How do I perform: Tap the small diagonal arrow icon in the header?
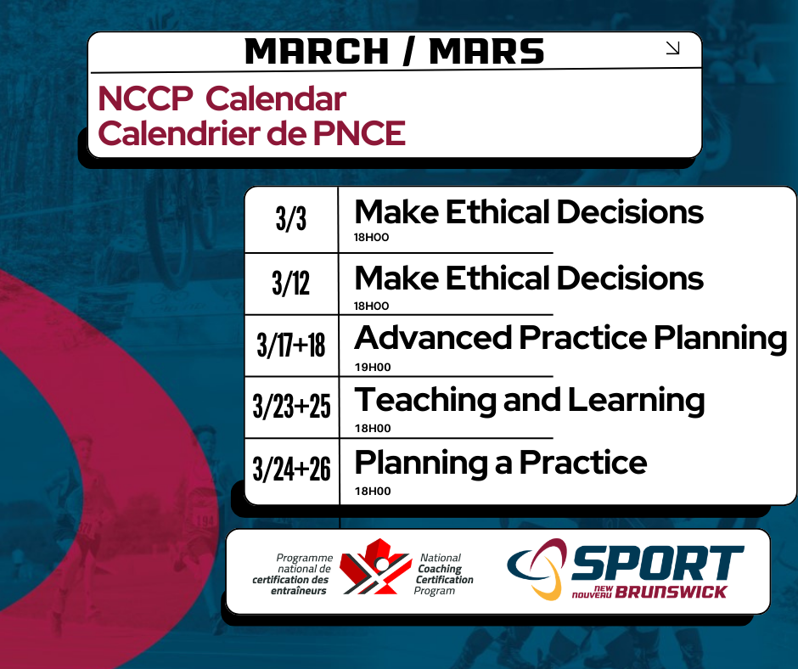[673, 48]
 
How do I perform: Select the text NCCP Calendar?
[222, 99]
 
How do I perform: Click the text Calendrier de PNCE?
[251, 133]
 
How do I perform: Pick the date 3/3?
[291, 220]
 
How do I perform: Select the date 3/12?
[291, 284]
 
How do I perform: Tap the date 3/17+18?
[291, 346]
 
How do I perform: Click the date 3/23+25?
[291, 408]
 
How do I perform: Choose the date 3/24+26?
[291, 469]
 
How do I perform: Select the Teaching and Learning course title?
[529, 400]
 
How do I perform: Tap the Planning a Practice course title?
[500, 463]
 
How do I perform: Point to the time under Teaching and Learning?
[372, 429]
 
